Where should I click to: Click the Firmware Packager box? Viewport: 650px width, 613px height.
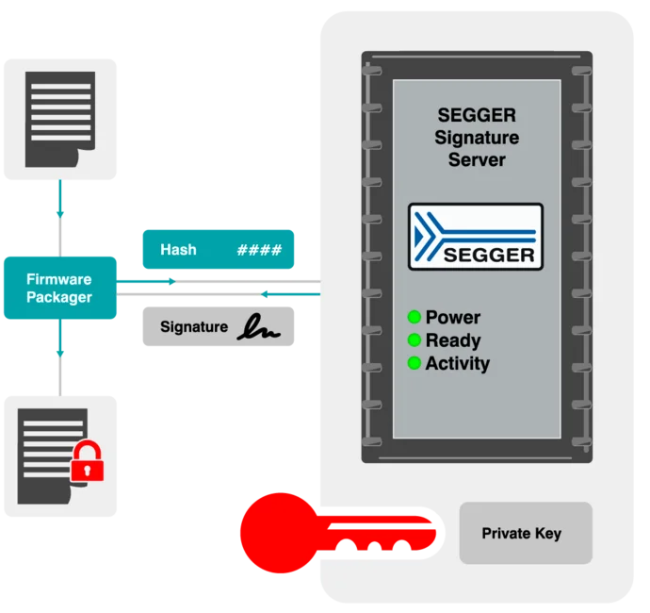click(60, 288)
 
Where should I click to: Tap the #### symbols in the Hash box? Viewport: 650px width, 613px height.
click(259, 250)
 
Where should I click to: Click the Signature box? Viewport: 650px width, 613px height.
click(219, 327)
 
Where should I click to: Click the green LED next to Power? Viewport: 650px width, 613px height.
click(414, 317)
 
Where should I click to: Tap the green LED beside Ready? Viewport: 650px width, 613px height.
click(414, 340)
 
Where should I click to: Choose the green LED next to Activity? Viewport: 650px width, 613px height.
click(414, 363)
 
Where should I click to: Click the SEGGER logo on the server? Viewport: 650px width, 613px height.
click(476, 237)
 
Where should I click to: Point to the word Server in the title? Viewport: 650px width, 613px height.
click(477, 160)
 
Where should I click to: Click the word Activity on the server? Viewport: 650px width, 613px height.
click(458, 363)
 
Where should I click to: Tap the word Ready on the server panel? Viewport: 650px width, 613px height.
click(453, 340)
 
